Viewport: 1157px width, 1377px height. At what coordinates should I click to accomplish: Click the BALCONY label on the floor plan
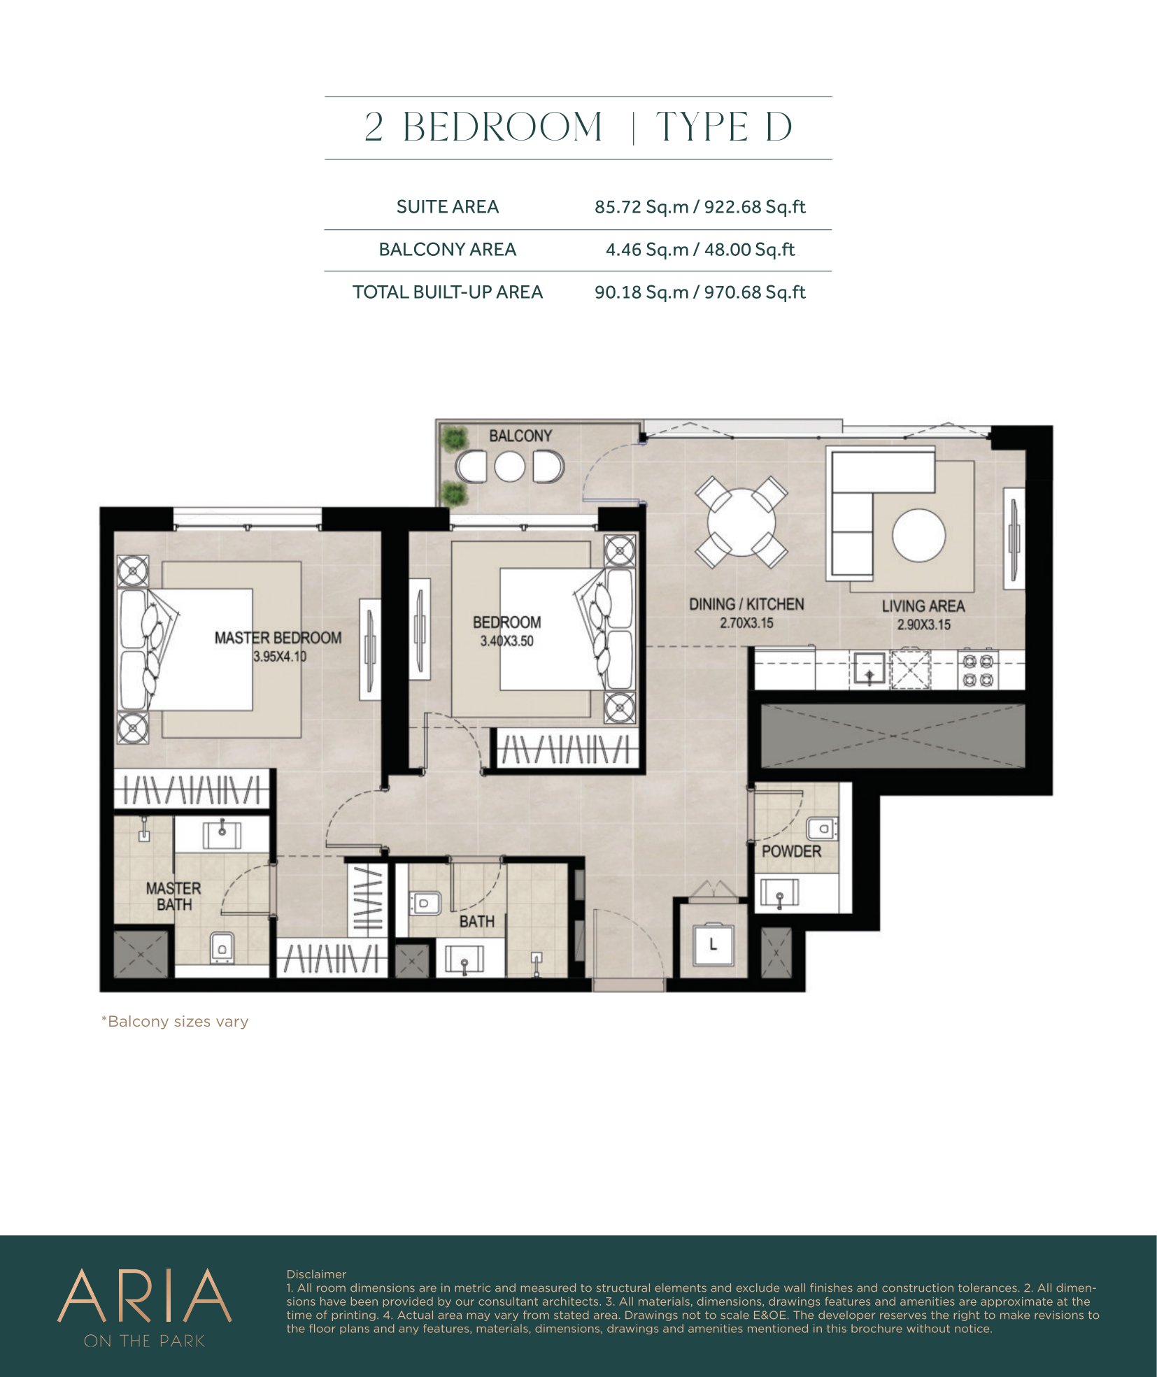tap(520, 436)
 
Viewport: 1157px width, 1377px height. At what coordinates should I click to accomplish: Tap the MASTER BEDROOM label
tap(278, 638)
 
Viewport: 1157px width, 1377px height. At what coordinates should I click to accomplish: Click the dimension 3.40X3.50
tap(506, 641)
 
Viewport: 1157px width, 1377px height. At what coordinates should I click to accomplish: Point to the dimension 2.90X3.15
tap(923, 625)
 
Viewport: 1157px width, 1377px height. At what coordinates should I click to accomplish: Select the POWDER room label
tap(791, 851)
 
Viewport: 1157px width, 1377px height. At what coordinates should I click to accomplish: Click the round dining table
tap(741, 522)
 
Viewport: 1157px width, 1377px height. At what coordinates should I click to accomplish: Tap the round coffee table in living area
tap(918, 535)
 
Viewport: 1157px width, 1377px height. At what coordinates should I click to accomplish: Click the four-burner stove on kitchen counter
tap(978, 669)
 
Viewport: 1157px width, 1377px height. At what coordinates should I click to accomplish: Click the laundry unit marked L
tap(713, 945)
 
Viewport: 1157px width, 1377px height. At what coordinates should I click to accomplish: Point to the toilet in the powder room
tap(822, 829)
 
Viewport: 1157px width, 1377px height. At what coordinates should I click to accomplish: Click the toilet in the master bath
tap(222, 948)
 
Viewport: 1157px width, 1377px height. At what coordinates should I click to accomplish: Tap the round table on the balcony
tap(509, 467)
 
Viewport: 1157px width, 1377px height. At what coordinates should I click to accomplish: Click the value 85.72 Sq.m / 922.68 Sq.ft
tap(700, 207)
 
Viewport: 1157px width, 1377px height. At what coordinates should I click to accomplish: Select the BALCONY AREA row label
tap(448, 250)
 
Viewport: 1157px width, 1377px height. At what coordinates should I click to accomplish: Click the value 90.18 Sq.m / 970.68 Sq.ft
tap(700, 292)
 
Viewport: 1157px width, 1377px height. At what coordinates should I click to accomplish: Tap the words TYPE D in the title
tap(724, 127)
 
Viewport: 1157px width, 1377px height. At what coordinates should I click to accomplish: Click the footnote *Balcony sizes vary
tap(175, 1022)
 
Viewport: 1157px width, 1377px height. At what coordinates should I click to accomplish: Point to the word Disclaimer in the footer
tap(316, 1274)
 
